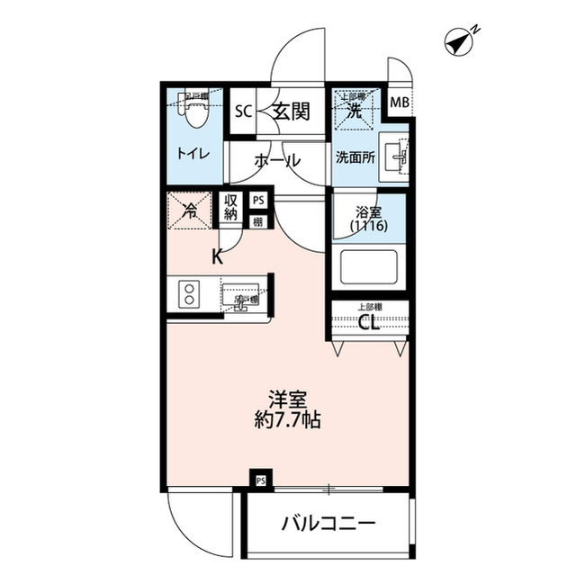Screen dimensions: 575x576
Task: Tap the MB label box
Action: click(x=399, y=103)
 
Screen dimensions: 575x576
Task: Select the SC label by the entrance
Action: click(x=242, y=112)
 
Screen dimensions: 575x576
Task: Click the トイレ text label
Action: click(x=193, y=154)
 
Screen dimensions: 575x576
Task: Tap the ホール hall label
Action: click(x=277, y=162)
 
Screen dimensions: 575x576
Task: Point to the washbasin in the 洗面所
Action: click(x=397, y=157)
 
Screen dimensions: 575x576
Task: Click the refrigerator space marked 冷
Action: click(x=190, y=212)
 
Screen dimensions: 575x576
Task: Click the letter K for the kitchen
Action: click(x=217, y=256)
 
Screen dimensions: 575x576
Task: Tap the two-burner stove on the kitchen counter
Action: click(x=191, y=294)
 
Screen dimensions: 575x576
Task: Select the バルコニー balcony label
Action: click(x=327, y=524)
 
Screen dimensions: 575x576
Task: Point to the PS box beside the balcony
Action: click(x=261, y=480)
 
